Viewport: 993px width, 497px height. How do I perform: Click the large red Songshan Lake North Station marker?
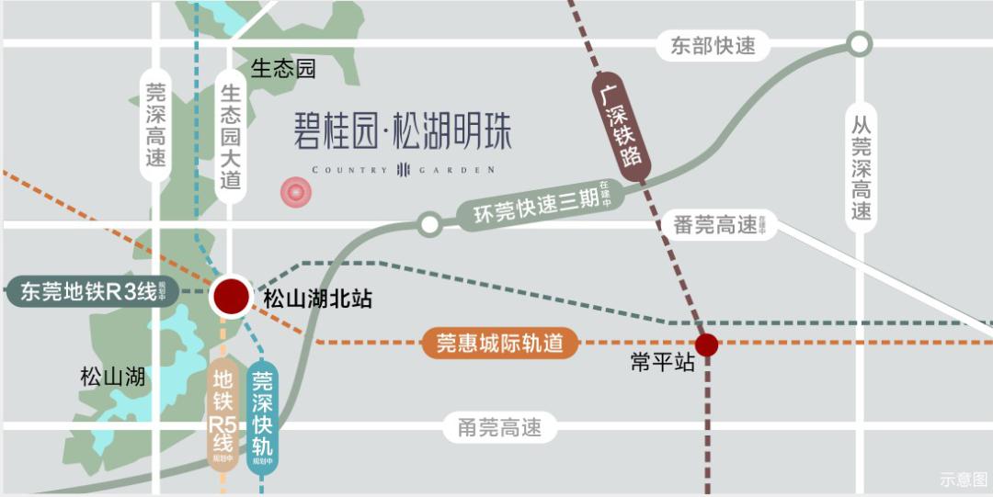pyautogui.click(x=230, y=296)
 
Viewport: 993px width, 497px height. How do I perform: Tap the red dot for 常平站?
pyautogui.click(x=706, y=345)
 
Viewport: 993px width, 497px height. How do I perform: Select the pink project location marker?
pyautogui.click(x=295, y=192)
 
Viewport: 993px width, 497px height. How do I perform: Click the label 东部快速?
pyautogui.click(x=713, y=46)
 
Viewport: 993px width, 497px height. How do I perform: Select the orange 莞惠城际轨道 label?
pyautogui.click(x=500, y=345)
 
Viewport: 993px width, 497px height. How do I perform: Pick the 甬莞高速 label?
pyautogui.click(x=499, y=426)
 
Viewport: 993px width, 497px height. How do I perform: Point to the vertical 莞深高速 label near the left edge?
pyautogui.click(x=156, y=125)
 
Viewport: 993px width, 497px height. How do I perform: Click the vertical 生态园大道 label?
pyautogui.click(x=231, y=136)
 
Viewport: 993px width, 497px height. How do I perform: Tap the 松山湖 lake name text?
pyautogui.click(x=113, y=377)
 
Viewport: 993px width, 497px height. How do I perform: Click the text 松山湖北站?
pyautogui.click(x=317, y=299)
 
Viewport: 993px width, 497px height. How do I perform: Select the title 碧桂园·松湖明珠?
pyautogui.click(x=403, y=132)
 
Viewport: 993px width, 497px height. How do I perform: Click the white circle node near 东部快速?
pyautogui.click(x=859, y=43)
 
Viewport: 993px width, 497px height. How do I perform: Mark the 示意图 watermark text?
pyautogui.click(x=963, y=479)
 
